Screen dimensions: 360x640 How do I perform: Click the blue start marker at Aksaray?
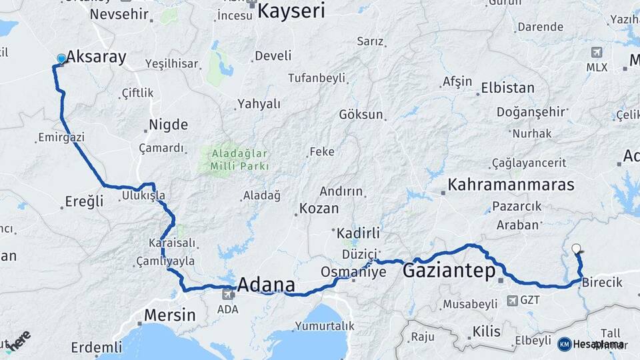[x=61, y=59]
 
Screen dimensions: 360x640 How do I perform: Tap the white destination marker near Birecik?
[x=576, y=249]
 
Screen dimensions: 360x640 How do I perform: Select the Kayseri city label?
[x=291, y=11]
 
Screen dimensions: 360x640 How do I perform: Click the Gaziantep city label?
[x=449, y=271]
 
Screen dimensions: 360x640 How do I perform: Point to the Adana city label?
[x=266, y=285]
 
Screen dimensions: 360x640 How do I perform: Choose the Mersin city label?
[x=171, y=315]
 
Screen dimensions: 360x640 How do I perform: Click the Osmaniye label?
[x=353, y=272]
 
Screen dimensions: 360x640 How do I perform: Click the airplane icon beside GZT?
[x=512, y=301]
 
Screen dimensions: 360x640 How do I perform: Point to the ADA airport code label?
[x=227, y=310]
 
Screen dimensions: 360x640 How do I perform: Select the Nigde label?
[x=168, y=125]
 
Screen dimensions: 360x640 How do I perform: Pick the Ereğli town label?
[x=85, y=201]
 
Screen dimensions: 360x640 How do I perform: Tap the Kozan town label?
[x=319, y=208]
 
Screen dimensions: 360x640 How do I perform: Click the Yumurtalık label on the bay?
[x=324, y=326]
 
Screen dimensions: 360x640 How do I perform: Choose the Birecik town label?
[x=602, y=282]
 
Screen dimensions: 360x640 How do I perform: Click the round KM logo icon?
[x=565, y=344]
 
